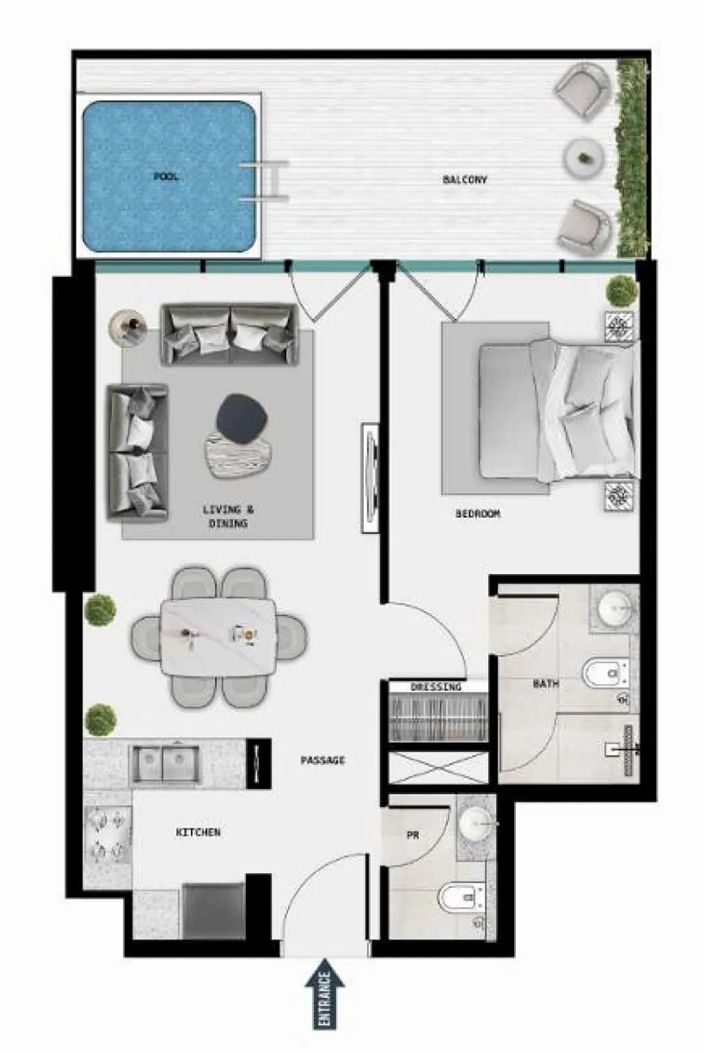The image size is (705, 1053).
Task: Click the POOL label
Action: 167,177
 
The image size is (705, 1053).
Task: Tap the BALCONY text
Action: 464,180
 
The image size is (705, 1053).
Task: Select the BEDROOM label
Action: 478,514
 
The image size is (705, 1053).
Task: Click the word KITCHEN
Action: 198,832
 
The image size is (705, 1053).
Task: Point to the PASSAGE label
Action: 322,760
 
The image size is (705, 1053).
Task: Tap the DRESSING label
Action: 436,687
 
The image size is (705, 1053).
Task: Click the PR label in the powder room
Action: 412,836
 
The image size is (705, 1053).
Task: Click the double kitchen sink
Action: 164,764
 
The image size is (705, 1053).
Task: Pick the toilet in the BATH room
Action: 606,674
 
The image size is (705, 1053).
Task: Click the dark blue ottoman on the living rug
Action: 242,419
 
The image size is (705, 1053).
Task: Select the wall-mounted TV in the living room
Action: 371,478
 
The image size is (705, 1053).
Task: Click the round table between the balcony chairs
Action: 584,158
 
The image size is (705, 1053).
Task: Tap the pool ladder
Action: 264,181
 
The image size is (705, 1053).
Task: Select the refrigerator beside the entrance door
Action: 214,910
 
